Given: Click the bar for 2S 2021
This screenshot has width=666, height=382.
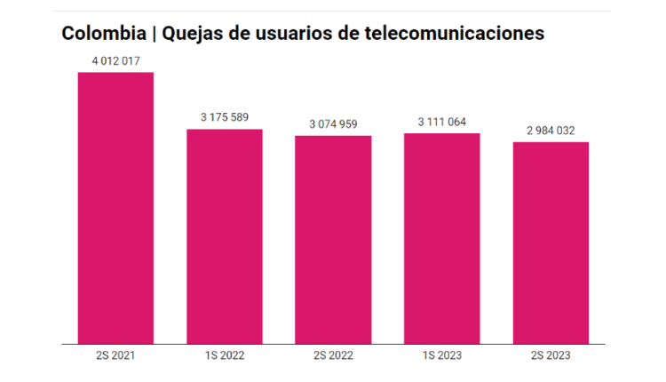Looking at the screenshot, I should (x=115, y=208).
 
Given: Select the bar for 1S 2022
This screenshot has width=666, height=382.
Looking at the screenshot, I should (x=224, y=236).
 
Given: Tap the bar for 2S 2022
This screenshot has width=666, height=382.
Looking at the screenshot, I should (x=333, y=240).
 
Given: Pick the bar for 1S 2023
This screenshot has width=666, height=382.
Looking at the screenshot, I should (x=441, y=238).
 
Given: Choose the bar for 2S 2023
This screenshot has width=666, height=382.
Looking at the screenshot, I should (x=551, y=243).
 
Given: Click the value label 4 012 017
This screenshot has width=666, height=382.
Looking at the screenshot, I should (x=115, y=60).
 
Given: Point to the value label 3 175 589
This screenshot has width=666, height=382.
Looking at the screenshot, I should (x=224, y=117).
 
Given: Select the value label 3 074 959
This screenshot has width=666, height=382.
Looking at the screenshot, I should (x=333, y=123).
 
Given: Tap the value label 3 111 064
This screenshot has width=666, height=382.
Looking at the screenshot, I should (x=441, y=121).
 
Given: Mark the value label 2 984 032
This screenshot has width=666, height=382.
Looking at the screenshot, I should (x=551, y=130).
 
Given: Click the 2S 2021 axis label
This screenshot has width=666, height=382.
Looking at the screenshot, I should (x=115, y=356).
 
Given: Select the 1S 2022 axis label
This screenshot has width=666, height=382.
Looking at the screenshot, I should (x=224, y=356).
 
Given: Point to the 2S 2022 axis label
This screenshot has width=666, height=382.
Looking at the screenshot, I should (x=333, y=356).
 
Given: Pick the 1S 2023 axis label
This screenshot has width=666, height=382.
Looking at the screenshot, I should (x=441, y=356).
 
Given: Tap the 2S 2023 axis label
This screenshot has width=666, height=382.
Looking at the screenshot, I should (x=551, y=356).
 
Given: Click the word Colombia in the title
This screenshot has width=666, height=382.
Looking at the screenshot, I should (x=104, y=34).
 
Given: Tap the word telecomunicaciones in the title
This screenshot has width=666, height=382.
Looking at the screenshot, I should (x=463, y=34).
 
